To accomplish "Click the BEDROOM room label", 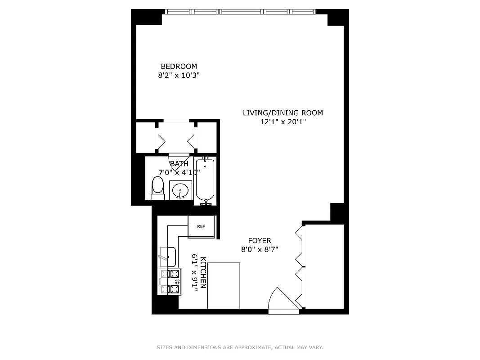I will pos(179,67).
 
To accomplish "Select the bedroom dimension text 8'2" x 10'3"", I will pos(179,76).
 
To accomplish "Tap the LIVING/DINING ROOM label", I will pos(283,113).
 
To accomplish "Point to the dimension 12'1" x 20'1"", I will pos(283,122).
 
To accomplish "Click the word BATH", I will pos(179,164).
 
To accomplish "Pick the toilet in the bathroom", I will pos(157,187).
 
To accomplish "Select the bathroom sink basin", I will pos(181,190).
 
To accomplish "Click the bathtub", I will pos(206,180).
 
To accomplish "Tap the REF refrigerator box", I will pos(201,226).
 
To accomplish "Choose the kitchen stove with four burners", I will pos(170,281).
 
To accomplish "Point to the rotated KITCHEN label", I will pos(203,273).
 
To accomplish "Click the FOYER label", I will pos(260,241).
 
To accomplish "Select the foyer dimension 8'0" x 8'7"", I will pos(260,249).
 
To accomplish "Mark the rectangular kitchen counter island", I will pos(224,286).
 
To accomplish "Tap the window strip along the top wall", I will pos(240,12).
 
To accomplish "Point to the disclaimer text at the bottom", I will pos(240,347).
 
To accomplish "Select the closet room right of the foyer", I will pos(324,265).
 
